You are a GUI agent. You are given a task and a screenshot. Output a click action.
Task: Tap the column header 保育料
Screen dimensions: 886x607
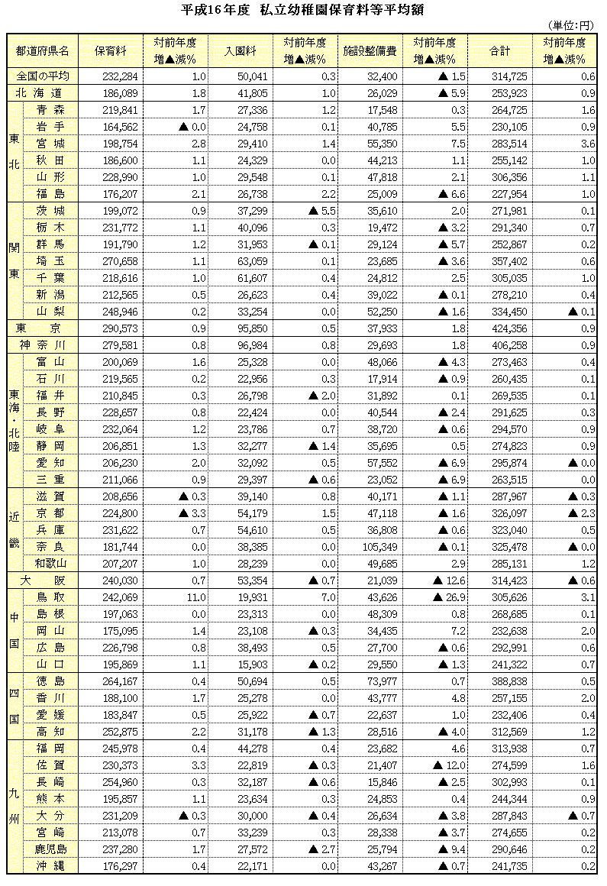pos(111,51)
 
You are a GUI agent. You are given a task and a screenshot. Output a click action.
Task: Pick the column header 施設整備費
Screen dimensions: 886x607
pos(370,51)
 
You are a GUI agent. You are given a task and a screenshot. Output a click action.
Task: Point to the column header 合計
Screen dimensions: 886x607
pos(499,51)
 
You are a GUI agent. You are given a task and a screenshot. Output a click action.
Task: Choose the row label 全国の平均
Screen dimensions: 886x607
pos(43,76)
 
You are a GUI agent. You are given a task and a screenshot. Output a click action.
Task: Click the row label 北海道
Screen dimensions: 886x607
pos(43,92)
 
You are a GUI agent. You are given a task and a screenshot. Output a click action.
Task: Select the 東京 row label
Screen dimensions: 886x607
pos(43,327)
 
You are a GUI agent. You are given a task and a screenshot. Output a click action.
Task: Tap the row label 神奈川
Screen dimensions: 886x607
pos(43,344)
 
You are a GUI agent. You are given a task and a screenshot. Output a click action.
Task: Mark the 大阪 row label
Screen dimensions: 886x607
pos(43,580)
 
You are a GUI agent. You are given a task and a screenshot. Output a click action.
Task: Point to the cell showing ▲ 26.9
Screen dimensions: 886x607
pos(439,597)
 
